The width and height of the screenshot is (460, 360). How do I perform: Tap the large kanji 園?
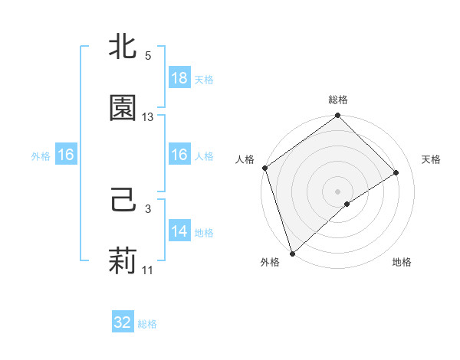coord(123,108)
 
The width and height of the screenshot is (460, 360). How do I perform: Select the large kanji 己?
coord(123,201)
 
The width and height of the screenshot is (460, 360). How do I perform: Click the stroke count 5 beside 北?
coord(148,56)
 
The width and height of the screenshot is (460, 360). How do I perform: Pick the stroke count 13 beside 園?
coord(148,117)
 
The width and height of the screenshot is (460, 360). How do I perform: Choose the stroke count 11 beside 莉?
coord(148,270)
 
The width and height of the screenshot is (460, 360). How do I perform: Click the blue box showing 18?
coord(179,78)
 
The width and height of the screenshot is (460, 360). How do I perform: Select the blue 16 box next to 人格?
coord(179,155)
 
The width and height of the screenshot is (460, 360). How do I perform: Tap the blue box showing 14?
coord(179,231)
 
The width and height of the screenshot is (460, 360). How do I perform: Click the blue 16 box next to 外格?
coord(66,155)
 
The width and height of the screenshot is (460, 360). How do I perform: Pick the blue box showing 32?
coord(123,322)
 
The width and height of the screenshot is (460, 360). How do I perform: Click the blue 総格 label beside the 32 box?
coord(147,324)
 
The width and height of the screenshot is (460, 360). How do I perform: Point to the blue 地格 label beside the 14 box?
coord(204,232)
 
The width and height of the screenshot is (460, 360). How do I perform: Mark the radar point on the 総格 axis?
coord(337,116)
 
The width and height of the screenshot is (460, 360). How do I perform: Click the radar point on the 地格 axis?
coord(347,204)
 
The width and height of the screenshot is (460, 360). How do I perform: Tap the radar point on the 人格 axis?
coord(264,168)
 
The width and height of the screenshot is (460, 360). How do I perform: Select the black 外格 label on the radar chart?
coord(269,262)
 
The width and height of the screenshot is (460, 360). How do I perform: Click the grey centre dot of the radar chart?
coord(337,191)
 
